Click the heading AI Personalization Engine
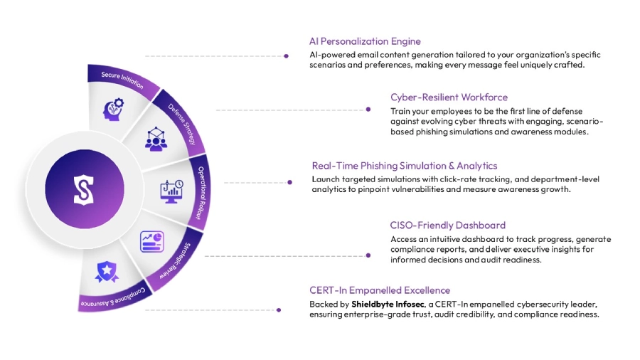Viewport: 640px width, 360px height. click(365, 41)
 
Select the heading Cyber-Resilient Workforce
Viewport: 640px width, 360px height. click(449, 97)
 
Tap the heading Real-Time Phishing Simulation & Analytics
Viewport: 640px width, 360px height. click(404, 166)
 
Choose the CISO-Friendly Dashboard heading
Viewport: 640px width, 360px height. click(448, 226)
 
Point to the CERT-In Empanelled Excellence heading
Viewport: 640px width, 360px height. click(380, 290)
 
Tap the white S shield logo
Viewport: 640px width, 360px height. click(83, 190)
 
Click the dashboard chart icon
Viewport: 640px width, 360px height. click(151, 240)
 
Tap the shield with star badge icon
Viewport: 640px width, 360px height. click(107, 271)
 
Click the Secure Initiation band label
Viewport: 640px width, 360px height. click(121, 79)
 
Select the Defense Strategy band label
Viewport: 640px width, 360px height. click(182, 120)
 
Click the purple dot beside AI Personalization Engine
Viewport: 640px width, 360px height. click(286, 55)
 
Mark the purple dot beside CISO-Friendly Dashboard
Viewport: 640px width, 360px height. click(368, 254)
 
